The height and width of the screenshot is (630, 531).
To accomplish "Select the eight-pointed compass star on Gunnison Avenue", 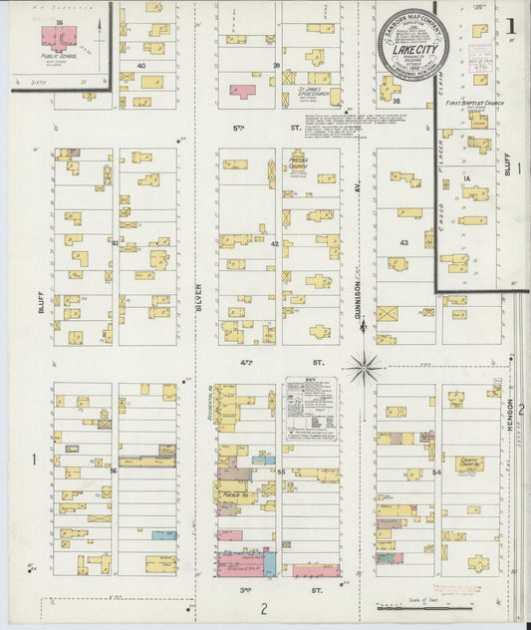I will pos(365,368).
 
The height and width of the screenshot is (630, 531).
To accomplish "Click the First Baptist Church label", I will pos(481,103).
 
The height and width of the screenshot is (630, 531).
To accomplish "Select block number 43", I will pos(403,243).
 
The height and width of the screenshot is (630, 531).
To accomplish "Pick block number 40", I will pos(141,66).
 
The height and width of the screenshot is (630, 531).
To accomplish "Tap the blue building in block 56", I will pos(163,535).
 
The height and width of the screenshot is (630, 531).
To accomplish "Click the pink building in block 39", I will pos(242,92).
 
